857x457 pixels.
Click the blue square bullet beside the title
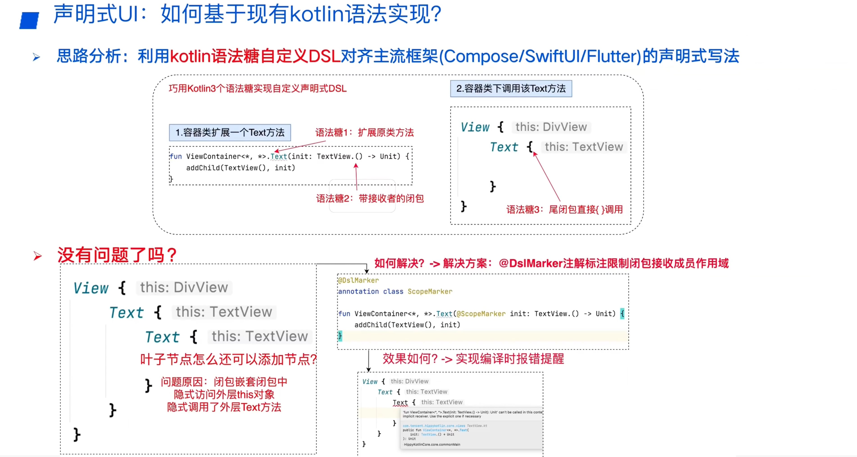[29, 21]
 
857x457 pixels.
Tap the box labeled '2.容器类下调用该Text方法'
[511, 89]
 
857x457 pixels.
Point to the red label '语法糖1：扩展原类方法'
[364, 133]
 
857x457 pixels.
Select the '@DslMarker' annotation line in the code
[358, 280]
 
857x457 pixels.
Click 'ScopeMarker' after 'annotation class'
[430, 291]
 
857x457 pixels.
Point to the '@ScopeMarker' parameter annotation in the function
[481, 314]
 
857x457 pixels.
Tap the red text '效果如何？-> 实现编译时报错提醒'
[473, 359]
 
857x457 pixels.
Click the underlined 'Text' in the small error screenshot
[400, 403]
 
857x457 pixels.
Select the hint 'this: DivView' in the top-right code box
[551, 127]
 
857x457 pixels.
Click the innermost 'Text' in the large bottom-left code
[162, 337]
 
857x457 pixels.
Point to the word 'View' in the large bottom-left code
[91, 288]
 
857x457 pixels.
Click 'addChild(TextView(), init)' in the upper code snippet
[240, 168]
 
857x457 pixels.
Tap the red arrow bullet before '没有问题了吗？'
[38, 256]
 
